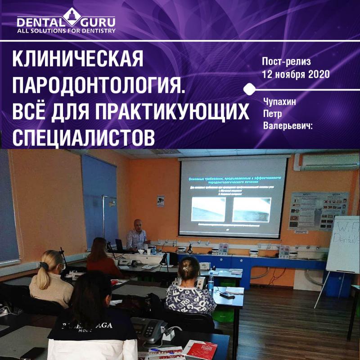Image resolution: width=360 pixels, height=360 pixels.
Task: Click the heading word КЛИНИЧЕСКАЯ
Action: click(x=78, y=58)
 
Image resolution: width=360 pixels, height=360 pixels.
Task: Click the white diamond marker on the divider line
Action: click(x=246, y=89)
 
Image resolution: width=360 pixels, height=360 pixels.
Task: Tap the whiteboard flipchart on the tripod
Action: click(x=343, y=243)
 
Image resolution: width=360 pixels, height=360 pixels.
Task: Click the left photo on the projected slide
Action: click(x=208, y=209)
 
